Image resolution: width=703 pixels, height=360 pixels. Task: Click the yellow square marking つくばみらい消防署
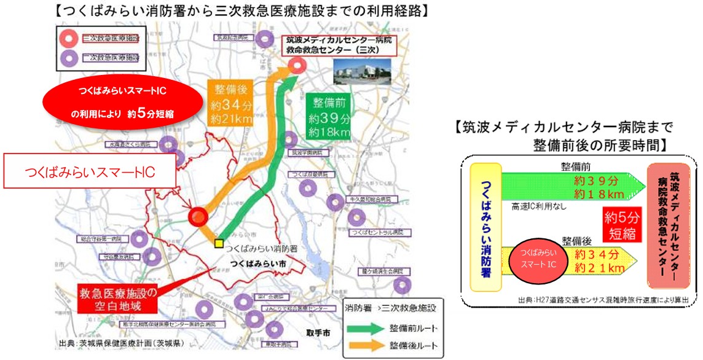pos(218,243)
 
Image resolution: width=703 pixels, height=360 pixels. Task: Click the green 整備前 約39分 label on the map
pos(329,115)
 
